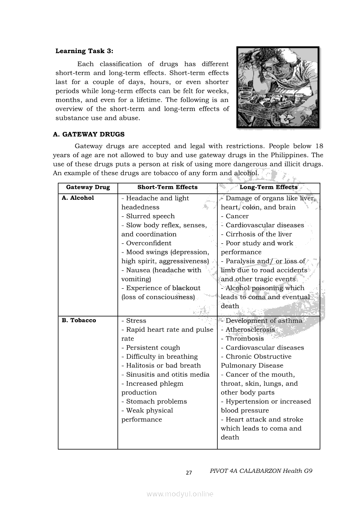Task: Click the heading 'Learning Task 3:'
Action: [84, 51]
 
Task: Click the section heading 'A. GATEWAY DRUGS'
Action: [88, 135]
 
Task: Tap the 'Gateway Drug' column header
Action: [88, 187]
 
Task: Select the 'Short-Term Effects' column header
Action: [167, 187]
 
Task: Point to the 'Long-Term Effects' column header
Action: [268, 187]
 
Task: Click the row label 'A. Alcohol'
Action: [78, 198]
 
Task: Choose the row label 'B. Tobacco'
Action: [78, 320]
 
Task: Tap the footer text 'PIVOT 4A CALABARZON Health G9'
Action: [261, 471]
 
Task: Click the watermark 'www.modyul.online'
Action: [180, 494]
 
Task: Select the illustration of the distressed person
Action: [278, 87]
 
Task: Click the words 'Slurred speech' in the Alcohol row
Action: [150, 216]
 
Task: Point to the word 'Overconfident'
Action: [149, 243]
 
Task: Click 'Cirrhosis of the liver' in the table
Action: [258, 234]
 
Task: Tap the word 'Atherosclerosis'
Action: [250, 330]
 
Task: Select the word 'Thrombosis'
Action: [245, 339]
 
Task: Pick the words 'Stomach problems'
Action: [156, 401]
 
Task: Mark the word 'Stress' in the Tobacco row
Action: [136, 321]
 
